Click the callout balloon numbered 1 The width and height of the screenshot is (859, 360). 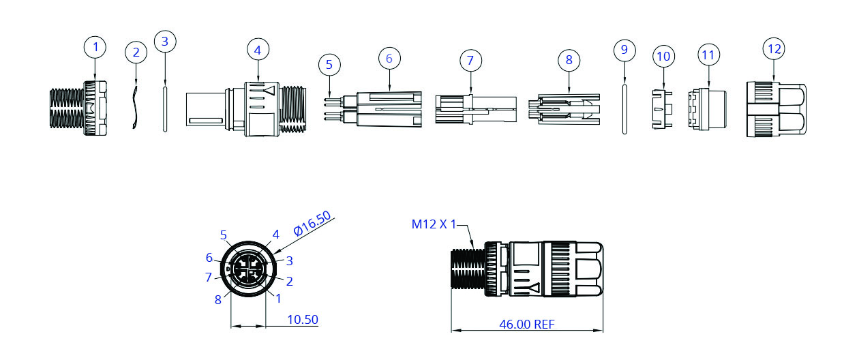point(95,47)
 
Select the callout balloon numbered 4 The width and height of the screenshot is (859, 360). point(257,50)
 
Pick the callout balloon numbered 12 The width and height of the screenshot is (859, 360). point(774,49)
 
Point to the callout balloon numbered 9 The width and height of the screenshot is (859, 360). point(624,50)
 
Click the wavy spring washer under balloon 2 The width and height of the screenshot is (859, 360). point(135,106)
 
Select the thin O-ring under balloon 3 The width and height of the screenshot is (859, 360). point(164,108)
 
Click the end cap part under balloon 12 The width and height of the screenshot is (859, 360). point(776,110)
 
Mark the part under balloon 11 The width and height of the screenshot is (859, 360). point(707,109)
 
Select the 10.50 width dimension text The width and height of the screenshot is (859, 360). point(303,319)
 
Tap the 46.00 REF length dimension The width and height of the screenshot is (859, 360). point(527,324)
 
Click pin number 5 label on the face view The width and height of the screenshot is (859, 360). point(223,235)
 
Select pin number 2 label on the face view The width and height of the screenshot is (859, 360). point(289,280)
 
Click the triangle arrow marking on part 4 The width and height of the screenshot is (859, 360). point(271,90)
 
